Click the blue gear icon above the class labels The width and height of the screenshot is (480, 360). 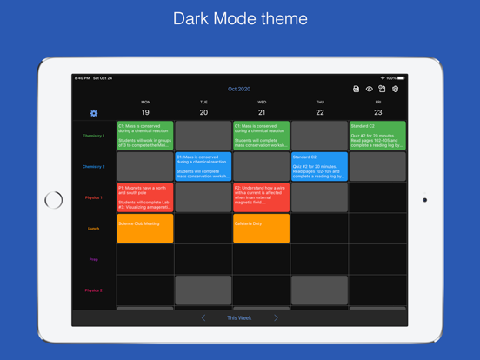94,113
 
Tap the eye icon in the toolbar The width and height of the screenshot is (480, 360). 369,89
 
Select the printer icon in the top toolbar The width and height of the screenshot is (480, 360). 356,89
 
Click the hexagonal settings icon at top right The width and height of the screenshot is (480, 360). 396,89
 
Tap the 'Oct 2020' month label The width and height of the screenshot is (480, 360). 239,89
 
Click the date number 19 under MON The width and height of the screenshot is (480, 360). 145,112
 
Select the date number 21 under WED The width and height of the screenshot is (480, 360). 262,112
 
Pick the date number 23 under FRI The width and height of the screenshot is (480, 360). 377,112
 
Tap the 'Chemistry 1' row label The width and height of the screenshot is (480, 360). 94,136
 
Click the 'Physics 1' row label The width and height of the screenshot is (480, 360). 94,197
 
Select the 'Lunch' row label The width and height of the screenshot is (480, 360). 94,229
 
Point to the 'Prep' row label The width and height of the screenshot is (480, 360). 94,259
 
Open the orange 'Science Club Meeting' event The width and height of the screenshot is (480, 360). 145,229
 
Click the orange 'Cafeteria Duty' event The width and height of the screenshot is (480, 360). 262,229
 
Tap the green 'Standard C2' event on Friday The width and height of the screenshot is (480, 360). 377,136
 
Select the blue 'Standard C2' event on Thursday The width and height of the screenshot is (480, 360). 319,166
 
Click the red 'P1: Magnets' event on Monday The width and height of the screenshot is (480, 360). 145,197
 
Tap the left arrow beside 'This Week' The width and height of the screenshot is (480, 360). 203,318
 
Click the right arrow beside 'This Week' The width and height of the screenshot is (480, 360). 276,318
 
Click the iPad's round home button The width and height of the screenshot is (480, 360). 54,200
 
